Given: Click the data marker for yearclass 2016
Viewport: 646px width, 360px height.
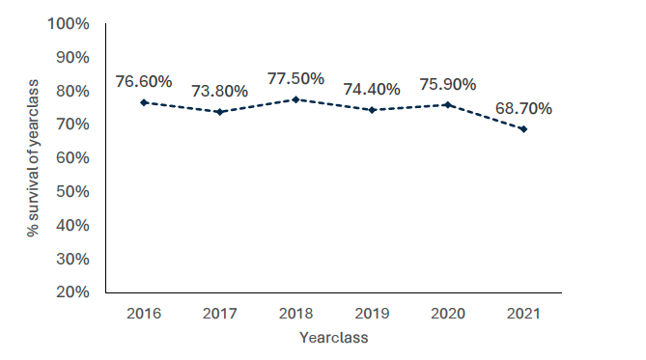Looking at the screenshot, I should coord(144,102).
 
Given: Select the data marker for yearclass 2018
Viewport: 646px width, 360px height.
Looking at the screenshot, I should coord(295,99).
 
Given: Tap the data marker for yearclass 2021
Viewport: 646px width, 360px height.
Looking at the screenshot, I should coord(523,128).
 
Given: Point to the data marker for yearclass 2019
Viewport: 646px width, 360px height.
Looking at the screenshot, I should coord(372,110).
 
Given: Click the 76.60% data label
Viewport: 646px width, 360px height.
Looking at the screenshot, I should coord(144,81).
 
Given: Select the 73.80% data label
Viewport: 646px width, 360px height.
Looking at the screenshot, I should coord(219,91).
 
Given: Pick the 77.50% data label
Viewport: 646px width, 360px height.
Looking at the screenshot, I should coord(295,78).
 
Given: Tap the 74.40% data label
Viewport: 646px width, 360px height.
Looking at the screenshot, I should coord(372,89).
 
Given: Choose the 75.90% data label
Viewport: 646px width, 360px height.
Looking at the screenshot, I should coord(447,84).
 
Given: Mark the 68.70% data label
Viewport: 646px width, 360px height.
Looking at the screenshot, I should coord(523,108).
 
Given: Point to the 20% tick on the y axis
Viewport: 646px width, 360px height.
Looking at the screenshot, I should coord(72,291).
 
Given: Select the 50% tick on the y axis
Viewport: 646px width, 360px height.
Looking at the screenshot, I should coord(72,191).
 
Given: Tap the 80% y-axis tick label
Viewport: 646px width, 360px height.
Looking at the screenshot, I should coord(72,91).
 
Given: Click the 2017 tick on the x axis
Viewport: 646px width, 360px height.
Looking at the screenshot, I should coord(219,314).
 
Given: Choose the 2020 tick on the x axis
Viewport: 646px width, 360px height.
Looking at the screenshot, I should coord(447,314).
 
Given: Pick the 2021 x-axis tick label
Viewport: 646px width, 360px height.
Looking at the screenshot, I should coord(523,314).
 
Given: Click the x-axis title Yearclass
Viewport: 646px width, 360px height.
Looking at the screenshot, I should coord(333,338).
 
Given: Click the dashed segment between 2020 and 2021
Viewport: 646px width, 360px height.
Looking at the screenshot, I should coord(486,116).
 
